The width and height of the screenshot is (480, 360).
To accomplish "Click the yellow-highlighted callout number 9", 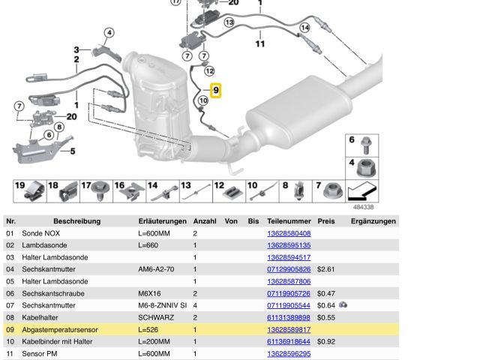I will pos(216,91).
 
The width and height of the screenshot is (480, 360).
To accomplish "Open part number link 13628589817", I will pos(289,329).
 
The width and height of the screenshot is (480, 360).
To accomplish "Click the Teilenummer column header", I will pos(289,221).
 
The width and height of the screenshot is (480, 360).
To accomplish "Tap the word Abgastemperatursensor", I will pos(60,329).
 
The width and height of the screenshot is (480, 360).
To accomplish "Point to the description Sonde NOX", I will pos(43,233).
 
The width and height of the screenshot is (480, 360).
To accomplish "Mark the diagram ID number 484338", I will pos(364,207).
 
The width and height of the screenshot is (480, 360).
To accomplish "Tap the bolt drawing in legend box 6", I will pos(367,143).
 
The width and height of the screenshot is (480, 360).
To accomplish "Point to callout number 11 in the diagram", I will pos(259,44).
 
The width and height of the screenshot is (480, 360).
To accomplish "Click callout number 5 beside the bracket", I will pos(73,151).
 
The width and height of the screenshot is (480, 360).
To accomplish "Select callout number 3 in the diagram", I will pos(76,50).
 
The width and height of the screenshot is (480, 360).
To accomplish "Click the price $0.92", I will pos(325,341).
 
